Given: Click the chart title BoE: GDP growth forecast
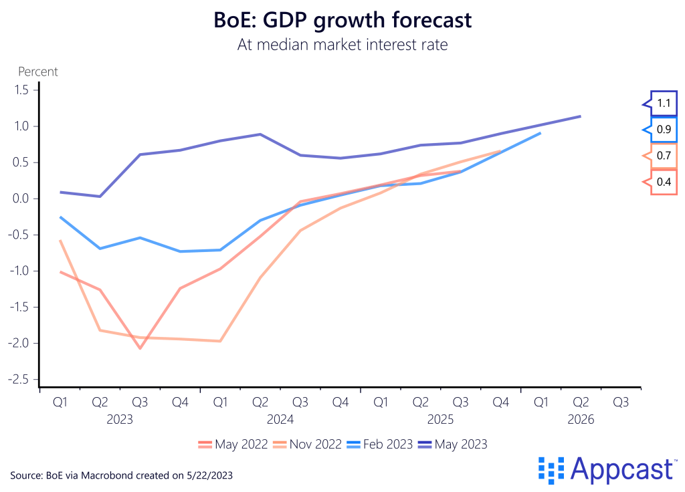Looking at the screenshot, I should click(342, 20).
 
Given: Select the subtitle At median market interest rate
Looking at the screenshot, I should click(342, 46).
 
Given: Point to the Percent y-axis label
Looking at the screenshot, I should click(37, 72).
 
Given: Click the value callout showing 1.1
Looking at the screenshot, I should click(664, 104).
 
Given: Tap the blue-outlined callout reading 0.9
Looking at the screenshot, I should click(664, 130).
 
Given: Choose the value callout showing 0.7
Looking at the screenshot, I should click(664, 156).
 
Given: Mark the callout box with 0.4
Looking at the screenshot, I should click(664, 182).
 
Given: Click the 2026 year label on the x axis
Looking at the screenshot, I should click(580, 420).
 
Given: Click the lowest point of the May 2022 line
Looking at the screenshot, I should click(140, 348).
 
